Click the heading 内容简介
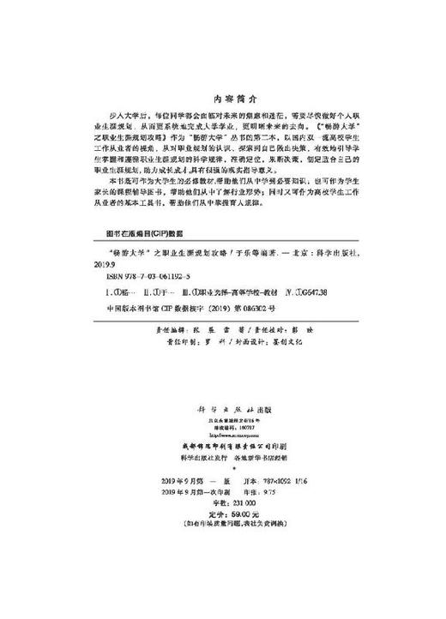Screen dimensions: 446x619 (222, 75)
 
